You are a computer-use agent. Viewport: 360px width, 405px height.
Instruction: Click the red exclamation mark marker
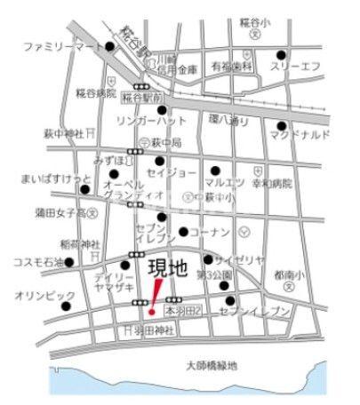click(155, 297)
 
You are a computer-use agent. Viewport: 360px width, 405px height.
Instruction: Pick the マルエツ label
click(217, 182)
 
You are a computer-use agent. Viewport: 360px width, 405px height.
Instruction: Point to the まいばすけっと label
click(56, 179)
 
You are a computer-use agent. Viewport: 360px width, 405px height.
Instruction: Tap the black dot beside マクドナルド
click(281, 125)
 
